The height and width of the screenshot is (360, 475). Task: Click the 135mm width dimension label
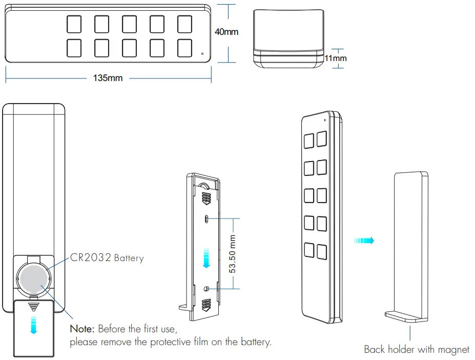[x=108, y=78]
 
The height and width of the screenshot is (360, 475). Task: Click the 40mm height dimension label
[x=226, y=32]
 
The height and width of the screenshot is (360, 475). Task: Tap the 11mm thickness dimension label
[x=336, y=58]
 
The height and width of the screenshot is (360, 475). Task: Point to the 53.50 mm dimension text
[x=233, y=254]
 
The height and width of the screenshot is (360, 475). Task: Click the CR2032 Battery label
[x=107, y=258]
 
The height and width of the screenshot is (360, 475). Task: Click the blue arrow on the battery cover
[x=33, y=324]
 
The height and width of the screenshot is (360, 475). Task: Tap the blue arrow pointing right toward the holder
[x=364, y=240]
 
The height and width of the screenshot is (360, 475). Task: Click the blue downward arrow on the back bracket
[x=206, y=258]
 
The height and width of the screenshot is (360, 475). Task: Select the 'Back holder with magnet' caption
[x=416, y=349]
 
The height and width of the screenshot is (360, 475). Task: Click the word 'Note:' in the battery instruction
[x=82, y=328]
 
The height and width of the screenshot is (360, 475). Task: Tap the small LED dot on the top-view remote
[x=202, y=53]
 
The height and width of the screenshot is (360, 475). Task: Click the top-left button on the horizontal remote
[x=74, y=24]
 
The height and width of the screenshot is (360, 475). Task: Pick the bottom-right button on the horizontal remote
[x=184, y=48]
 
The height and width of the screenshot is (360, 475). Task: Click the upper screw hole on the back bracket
[x=206, y=219]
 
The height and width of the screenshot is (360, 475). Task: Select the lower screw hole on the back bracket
[x=206, y=289]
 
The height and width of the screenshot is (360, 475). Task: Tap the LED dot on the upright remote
[x=324, y=120]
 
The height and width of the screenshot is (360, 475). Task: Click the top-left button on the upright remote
[x=309, y=141]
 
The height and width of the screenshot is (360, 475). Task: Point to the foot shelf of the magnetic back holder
[x=405, y=316]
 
